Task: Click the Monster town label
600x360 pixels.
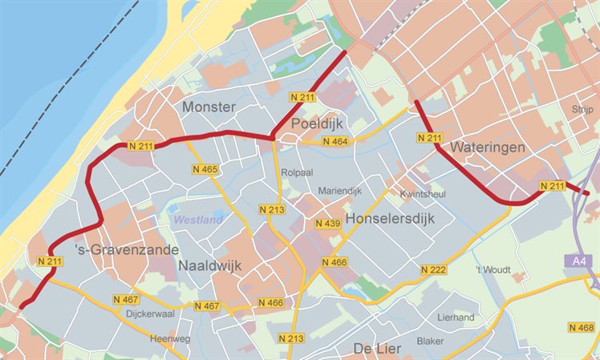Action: click(x=209, y=107)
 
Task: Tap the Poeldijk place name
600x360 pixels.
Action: click(x=318, y=124)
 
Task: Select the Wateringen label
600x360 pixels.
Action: click(x=488, y=148)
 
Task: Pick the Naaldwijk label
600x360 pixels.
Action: click(x=209, y=265)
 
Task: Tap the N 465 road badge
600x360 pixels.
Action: click(x=205, y=170)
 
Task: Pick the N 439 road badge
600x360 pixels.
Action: click(x=327, y=224)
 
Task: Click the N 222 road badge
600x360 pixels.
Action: click(x=432, y=270)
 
